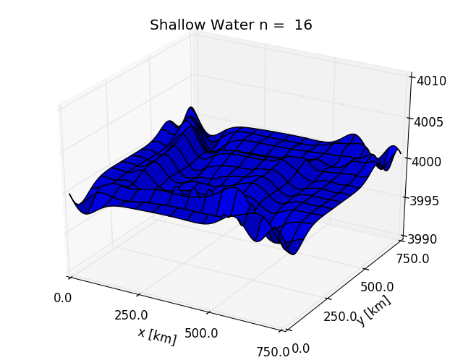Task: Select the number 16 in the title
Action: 303,25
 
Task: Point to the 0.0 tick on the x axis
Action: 63,297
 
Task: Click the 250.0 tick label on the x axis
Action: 131,315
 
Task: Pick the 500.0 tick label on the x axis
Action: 201,333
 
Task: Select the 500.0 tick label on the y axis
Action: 376,286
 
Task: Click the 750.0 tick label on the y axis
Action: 412,259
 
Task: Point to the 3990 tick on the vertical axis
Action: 431,239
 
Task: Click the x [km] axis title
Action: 156,335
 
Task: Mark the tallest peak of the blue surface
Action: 192,109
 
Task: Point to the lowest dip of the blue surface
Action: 293,253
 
